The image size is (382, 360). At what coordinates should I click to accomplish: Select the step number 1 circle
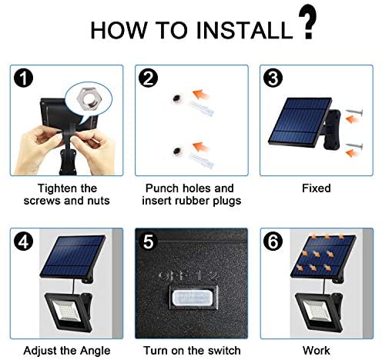pos(23,78)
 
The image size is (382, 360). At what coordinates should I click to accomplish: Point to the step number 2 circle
pos(148,78)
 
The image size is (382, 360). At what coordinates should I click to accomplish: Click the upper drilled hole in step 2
pos(176,98)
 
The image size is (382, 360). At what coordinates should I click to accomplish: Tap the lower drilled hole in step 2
pos(176,151)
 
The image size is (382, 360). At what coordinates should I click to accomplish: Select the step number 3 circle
pos(273,78)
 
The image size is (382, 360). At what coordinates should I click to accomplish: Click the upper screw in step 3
pos(354,112)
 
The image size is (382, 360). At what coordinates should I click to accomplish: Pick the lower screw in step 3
pos(354,146)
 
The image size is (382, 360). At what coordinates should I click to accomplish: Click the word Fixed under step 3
pos(317,188)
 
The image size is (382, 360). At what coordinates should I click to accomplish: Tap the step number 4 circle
pos(23,241)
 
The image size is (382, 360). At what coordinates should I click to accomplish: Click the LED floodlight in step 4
pos(68,312)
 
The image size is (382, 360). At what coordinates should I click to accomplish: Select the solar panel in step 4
pos(73,256)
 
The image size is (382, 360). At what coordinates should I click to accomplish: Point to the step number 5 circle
pos(148,241)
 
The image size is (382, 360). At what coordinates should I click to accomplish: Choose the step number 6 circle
pos(273,241)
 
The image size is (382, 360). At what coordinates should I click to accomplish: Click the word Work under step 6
pos(317,351)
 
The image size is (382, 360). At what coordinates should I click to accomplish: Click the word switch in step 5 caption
pos(224,351)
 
